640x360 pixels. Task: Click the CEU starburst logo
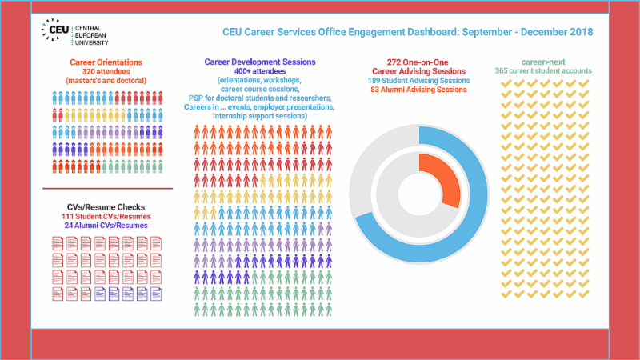pyautogui.click(x=55, y=31)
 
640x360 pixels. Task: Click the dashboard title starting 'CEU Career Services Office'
pyautogui.click(x=407, y=33)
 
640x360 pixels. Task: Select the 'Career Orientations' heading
pyautogui.click(x=107, y=61)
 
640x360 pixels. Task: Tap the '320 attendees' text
pyautogui.click(x=107, y=70)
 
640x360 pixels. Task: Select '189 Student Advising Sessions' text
pyautogui.click(x=418, y=80)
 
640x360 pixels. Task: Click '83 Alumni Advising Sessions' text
pyautogui.click(x=418, y=90)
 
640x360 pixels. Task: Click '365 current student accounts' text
pyautogui.click(x=543, y=71)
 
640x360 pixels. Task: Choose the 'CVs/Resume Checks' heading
pyautogui.click(x=106, y=206)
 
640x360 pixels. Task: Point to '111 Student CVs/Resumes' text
pyautogui.click(x=106, y=216)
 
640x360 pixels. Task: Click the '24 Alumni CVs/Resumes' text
pyautogui.click(x=106, y=226)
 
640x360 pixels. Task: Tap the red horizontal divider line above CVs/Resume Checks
pyautogui.click(x=106, y=189)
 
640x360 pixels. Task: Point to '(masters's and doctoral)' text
pyautogui.click(x=107, y=80)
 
